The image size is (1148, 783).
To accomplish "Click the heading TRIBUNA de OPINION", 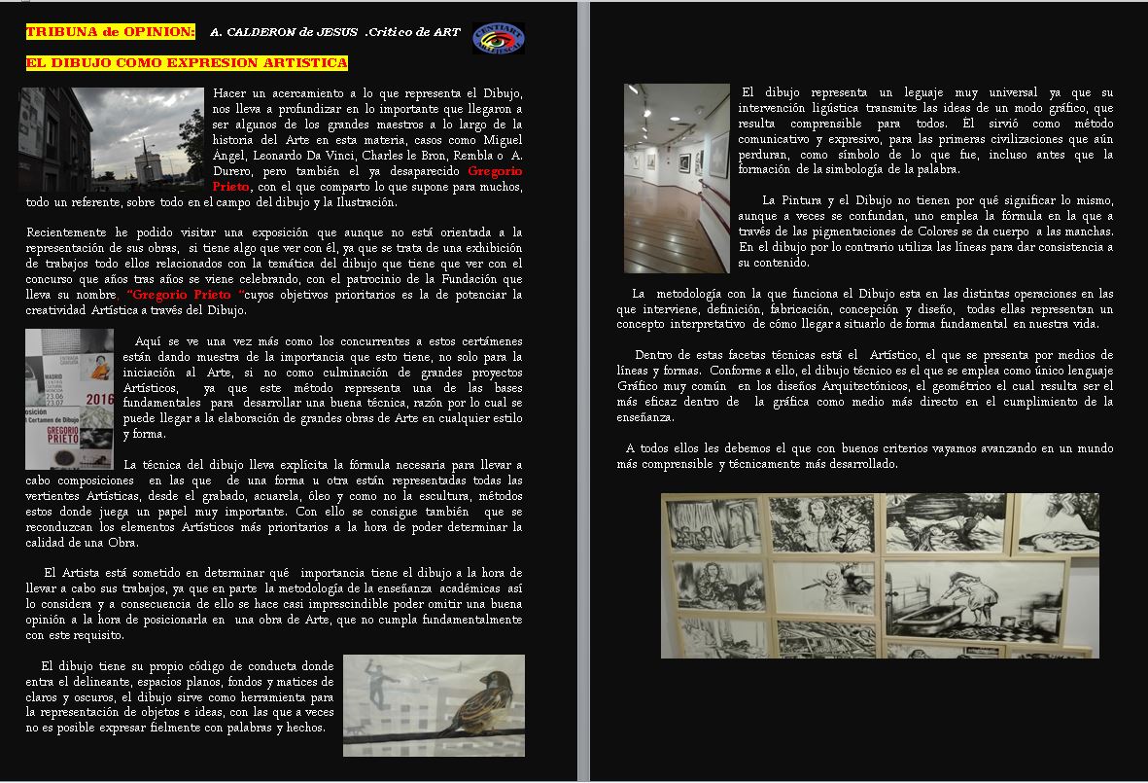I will click(110, 32).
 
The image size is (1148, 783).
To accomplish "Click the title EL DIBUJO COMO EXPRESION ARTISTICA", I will click(186, 63).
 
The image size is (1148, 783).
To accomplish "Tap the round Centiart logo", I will click(498, 38).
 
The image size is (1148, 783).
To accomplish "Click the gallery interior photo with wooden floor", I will click(677, 177).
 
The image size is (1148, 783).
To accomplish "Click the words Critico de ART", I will click(413, 32).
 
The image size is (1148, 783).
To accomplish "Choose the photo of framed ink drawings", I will click(880, 575).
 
